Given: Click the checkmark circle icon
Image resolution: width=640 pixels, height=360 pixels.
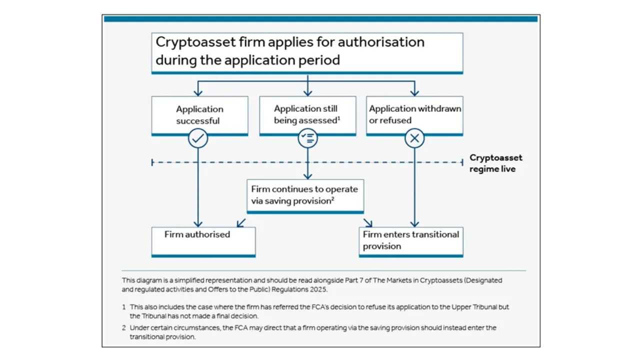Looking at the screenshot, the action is coord(197,138).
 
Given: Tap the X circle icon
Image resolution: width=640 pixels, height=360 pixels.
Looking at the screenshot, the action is coord(414,138).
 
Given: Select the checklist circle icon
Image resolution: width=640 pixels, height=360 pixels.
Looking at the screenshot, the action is coord(307,138).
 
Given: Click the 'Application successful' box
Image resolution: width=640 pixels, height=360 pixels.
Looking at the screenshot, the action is coord(199,115).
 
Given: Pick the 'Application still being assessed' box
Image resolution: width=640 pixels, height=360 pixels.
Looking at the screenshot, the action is coord(307,115).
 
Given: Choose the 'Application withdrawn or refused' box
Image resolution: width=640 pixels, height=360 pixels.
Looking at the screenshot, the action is coord(414,115).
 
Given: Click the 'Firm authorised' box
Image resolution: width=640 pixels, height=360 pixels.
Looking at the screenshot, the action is coord(203,242).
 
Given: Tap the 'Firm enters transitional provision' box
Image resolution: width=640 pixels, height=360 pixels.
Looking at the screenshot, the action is coord(411,242).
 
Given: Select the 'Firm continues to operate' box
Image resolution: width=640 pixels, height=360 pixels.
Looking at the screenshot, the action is coord(305,196).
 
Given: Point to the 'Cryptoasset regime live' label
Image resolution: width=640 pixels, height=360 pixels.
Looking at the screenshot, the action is coord(495,163).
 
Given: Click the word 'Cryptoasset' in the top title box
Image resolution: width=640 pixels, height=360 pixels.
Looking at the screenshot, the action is coord(195,42).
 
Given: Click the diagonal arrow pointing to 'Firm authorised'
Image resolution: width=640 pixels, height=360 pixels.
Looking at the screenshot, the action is coord(241,223).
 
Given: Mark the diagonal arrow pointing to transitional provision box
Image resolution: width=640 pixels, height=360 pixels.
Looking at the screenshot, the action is coord(367,223).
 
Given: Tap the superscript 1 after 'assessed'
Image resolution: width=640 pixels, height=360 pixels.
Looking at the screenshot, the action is coord(339,117).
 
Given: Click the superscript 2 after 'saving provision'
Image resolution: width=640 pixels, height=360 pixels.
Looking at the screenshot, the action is coord(333,198).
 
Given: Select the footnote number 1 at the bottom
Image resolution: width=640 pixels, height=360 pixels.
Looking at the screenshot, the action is coord(123,307).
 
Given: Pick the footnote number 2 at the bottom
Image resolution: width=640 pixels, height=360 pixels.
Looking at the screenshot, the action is coord(123,327).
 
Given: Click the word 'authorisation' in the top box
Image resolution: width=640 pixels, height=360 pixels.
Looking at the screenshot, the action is coord(381,42).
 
